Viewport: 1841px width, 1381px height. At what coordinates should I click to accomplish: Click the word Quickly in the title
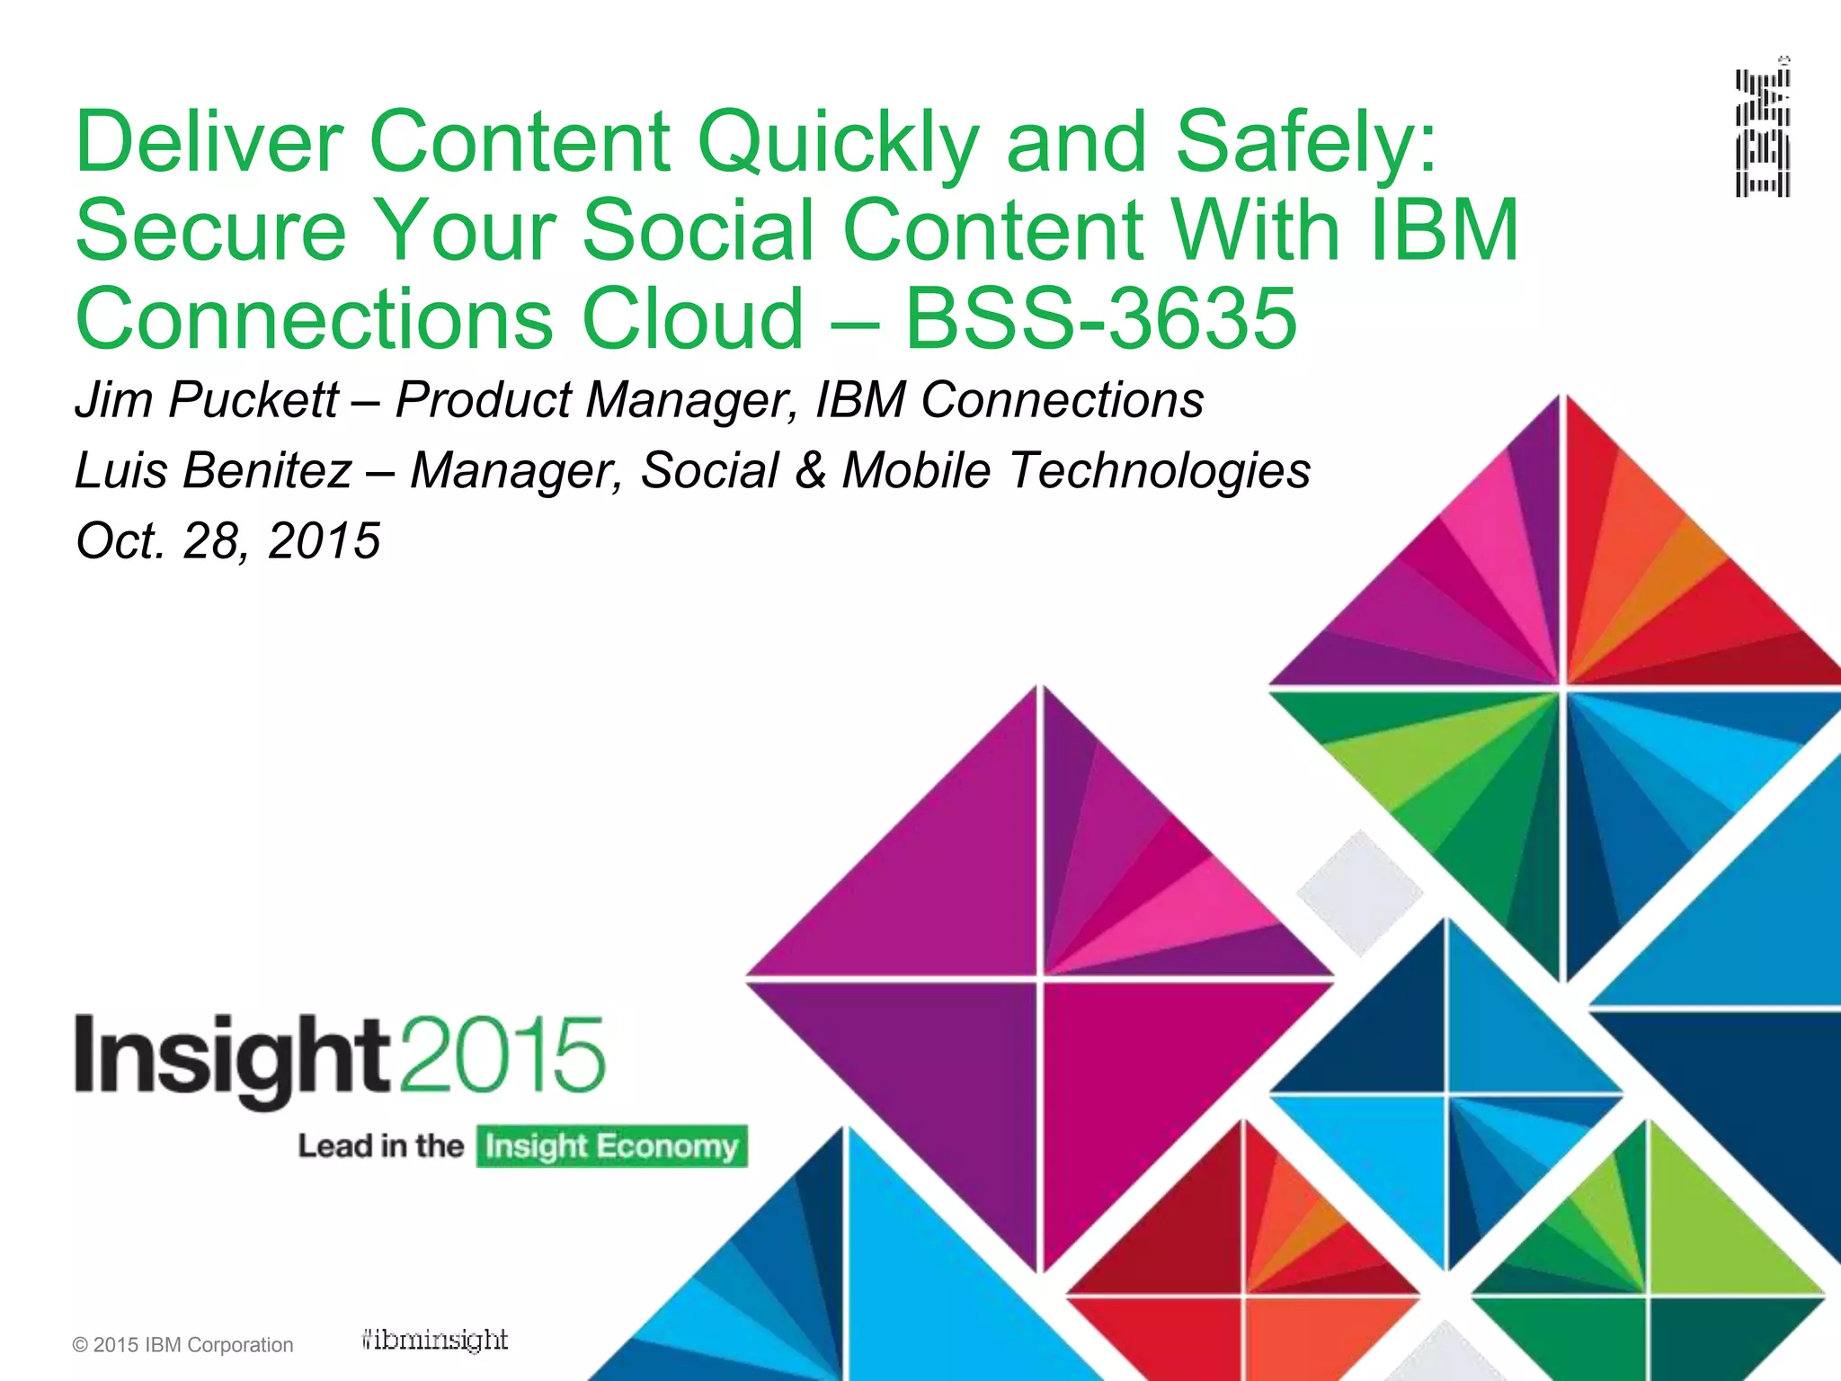pyautogui.click(x=837, y=142)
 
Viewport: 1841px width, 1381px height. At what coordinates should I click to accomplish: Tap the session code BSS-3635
pyautogui.click(x=1100, y=318)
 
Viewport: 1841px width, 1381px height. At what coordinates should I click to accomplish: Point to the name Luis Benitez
pyautogui.click(x=213, y=470)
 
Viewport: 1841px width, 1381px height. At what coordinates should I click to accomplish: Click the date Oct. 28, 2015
pyautogui.click(x=228, y=540)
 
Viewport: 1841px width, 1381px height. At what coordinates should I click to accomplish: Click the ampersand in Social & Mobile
pyautogui.click(x=810, y=470)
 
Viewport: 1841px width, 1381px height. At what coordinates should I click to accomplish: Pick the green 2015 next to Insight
pyautogui.click(x=502, y=1054)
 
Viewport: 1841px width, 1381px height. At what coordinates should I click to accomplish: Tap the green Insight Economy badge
pyautogui.click(x=611, y=1146)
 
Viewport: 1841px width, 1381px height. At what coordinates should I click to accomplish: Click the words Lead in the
pyautogui.click(x=380, y=1146)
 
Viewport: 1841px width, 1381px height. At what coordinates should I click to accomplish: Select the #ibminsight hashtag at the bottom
pyautogui.click(x=434, y=1341)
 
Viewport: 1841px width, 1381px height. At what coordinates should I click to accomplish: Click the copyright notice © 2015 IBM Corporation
pyautogui.click(x=182, y=1345)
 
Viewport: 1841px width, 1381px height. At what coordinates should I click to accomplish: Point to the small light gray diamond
pyautogui.click(x=1359, y=892)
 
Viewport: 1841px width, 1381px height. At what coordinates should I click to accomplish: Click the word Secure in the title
pyautogui.click(x=210, y=230)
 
